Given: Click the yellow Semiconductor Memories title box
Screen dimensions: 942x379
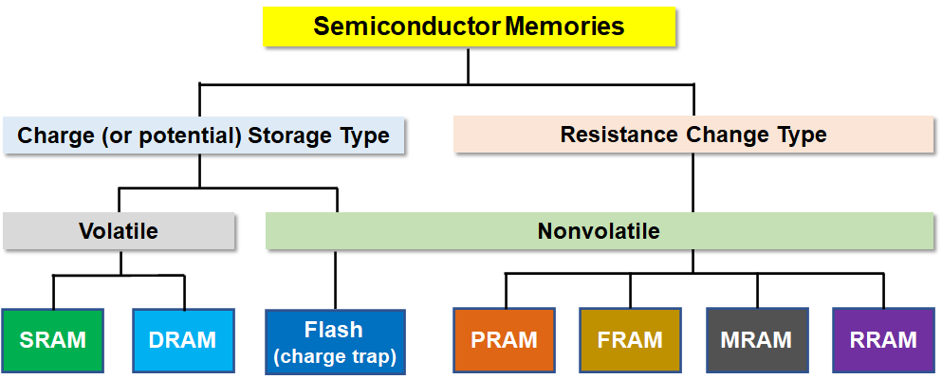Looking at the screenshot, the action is pyautogui.click(x=470, y=27).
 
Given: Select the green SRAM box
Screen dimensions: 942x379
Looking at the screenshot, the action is pyautogui.click(x=53, y=340).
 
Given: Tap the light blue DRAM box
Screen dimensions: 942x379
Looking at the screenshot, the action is pyautogui.click(x=183, y=340).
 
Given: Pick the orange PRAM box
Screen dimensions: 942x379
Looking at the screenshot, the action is pyautogui.click(x=504, y=340).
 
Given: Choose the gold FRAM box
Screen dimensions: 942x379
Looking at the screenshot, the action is pyautogui.click(x=630, y=340).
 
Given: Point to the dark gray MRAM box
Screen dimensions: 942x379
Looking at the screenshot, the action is pyautogui.click(x=757, y=340).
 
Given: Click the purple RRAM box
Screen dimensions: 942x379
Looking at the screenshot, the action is pyautogui.click(x=884, y=340).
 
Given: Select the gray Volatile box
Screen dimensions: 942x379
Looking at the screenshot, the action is pyautogui.click(x=119, y=231).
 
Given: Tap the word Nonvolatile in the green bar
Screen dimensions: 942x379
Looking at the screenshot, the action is pyautogui.click(x=599, y=231).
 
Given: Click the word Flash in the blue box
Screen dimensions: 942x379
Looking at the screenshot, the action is pyautogui.click(x=334, y=329).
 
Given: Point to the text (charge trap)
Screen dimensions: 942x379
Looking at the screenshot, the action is pyautogui.click(x=335, y=357).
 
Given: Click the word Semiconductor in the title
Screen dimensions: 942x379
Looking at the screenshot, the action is pyautogui.click(x=407, y=27).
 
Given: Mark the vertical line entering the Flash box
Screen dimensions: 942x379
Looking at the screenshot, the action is pyautogui.click(x=336, y=280).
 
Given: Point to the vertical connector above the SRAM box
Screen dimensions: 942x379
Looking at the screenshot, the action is pyautogui.click(x=53, y=292).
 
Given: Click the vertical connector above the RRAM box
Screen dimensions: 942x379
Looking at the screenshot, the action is pyautogui.click(x=884, y=291).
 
